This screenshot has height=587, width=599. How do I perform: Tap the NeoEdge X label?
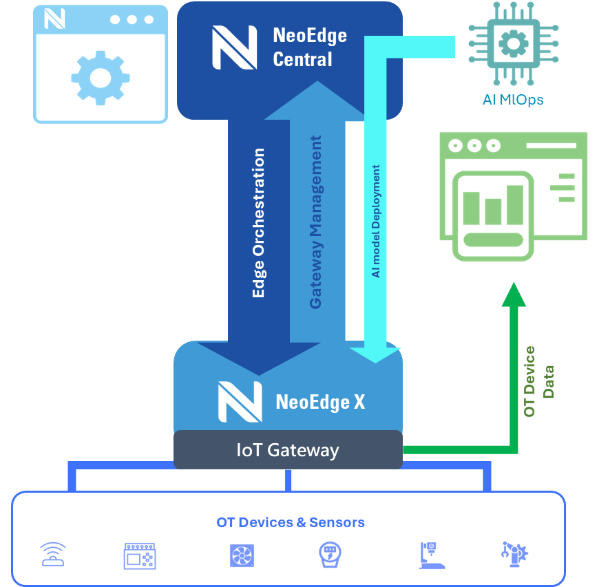(320, 402)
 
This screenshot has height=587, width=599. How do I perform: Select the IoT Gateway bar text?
(288, 450)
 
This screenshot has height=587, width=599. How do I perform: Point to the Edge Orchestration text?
(259, 223)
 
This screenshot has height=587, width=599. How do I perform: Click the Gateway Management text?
(315, 222)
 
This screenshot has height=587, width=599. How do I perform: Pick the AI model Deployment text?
(376, 221)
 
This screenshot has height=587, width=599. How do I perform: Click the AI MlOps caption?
(513, 100)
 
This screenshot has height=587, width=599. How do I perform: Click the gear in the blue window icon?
(100, 77)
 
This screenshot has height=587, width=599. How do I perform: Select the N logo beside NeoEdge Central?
(234, 47)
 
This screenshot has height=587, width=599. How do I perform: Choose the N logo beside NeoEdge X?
(240, 402)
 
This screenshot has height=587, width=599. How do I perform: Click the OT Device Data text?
(538, 382)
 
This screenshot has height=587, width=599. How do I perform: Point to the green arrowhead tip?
(513, 284)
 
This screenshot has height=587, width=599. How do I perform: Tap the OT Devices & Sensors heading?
(290, 522)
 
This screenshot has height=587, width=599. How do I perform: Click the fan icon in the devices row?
(242, 555)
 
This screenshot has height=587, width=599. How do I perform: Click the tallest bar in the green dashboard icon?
(514, 204)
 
